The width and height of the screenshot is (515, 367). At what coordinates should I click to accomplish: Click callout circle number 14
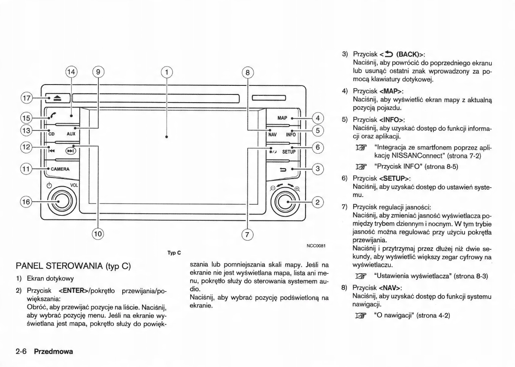tap(71, 72)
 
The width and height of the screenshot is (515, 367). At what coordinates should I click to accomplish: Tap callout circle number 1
tap(167, 72)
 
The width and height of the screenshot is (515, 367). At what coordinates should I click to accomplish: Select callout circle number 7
tap(247, 234)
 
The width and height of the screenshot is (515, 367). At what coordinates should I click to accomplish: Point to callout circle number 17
tap(27, 98)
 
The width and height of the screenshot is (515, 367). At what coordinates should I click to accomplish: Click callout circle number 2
tap(317, 202)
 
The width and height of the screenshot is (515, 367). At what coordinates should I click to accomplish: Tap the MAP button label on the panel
tap(282, 118)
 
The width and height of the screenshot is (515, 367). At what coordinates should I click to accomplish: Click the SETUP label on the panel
tap(289, 152)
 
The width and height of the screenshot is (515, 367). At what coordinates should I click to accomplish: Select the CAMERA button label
tap(60, 169)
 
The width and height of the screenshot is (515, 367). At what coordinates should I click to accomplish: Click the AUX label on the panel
tap(71, 134)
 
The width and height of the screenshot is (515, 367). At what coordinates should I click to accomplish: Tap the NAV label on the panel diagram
tap(273, 134)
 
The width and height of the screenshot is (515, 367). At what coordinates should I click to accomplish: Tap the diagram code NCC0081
tap(316, 246)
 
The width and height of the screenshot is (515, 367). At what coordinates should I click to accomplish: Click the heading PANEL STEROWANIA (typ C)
tap(73, 266)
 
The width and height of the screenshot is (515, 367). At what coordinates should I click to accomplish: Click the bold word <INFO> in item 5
tap(392, 120)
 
